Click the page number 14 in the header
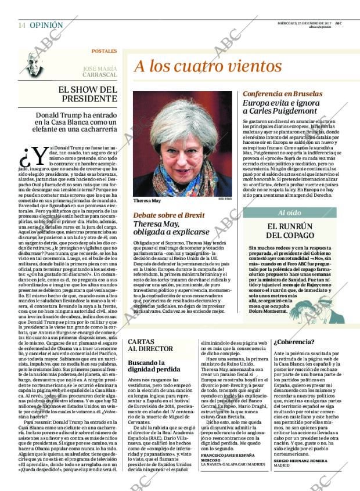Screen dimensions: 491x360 click(x=22, y=26)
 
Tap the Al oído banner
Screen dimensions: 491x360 click(x=293, y=213)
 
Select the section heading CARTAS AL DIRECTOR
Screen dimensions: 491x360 click(x=150, y=345)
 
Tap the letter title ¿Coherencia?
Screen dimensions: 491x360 click(x=293, y=342)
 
